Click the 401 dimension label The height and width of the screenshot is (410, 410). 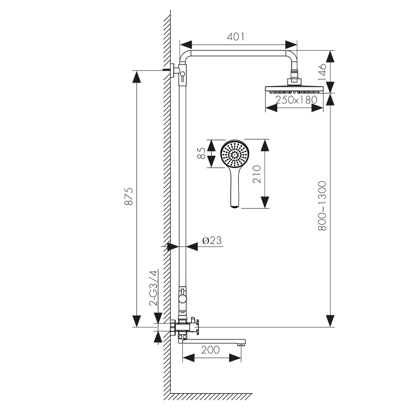pos(236,36)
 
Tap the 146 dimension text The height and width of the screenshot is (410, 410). pos(322,72)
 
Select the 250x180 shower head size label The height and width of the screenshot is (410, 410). pos(297,99)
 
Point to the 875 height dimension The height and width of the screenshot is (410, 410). pos(129,196)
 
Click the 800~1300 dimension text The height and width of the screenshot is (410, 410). pos(322,206)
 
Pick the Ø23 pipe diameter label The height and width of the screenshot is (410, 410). pos(212,240)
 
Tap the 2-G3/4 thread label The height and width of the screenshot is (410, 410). pos(153,288)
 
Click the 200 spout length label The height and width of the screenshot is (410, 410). pos(211,350)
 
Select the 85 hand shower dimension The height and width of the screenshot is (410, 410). pos(201,153)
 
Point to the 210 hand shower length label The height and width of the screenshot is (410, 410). pos(257,174)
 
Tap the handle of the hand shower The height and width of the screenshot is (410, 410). pos(235,188)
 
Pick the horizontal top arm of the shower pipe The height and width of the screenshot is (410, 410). pos(238,53)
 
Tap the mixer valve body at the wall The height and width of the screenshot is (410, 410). pos(183,327)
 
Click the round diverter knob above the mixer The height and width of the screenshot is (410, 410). pos(182,298)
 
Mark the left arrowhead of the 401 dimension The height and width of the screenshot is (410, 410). pos(186,45)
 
